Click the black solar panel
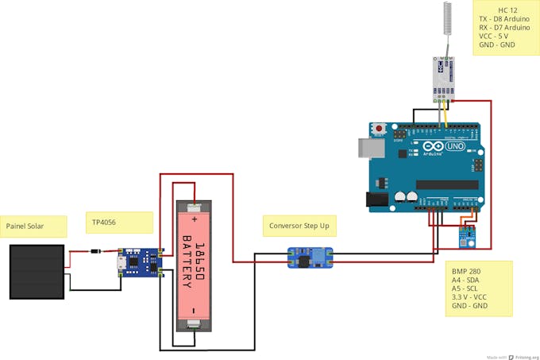tap(37, 271)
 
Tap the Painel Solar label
tap(25, 226)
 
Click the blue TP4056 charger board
tap(140, 261)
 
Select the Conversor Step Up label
tap(299, 226)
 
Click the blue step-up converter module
tap(310, 257)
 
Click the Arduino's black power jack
tap(377, 201)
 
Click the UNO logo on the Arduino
tap(455, 147)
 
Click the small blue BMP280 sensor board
tap(465, 233)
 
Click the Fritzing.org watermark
tap(524, 357)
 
